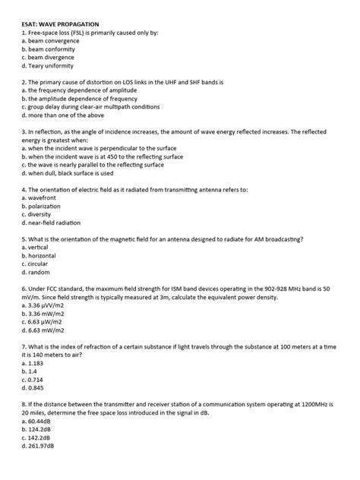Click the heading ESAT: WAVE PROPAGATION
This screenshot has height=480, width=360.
coord(66,24)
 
